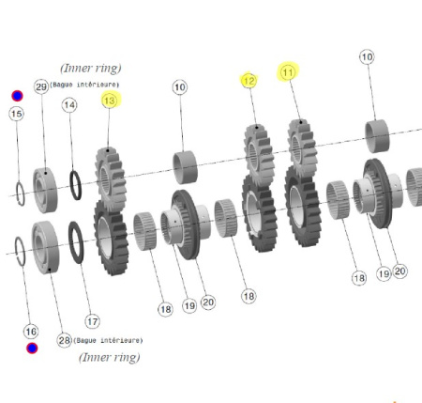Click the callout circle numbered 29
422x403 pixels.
(x=41, y=86)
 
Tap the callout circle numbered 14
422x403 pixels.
(x=69, y=105)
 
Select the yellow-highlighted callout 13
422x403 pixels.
(x=110, y=101)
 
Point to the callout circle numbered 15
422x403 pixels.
(x=16, y=114)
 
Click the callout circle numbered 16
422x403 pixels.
(x=31, y=332)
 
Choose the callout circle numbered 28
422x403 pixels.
(x=64, y=340)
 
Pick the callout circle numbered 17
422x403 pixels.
(x=92, y=321)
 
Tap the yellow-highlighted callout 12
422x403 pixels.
(x=249, y=81)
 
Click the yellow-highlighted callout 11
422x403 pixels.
(x=288, y=72)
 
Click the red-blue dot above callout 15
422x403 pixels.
(x=17, y=96)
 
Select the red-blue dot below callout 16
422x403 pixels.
(x=32, y=349)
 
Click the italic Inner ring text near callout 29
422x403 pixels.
(x=91, y=69)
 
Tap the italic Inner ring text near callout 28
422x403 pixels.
(x=110, y=357)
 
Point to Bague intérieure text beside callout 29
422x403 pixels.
(x=84, y=85)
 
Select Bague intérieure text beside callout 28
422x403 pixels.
(x=108, y=340)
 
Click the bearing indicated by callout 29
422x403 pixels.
(x=45, y=190)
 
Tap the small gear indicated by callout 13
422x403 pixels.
(x=111, y=179)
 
